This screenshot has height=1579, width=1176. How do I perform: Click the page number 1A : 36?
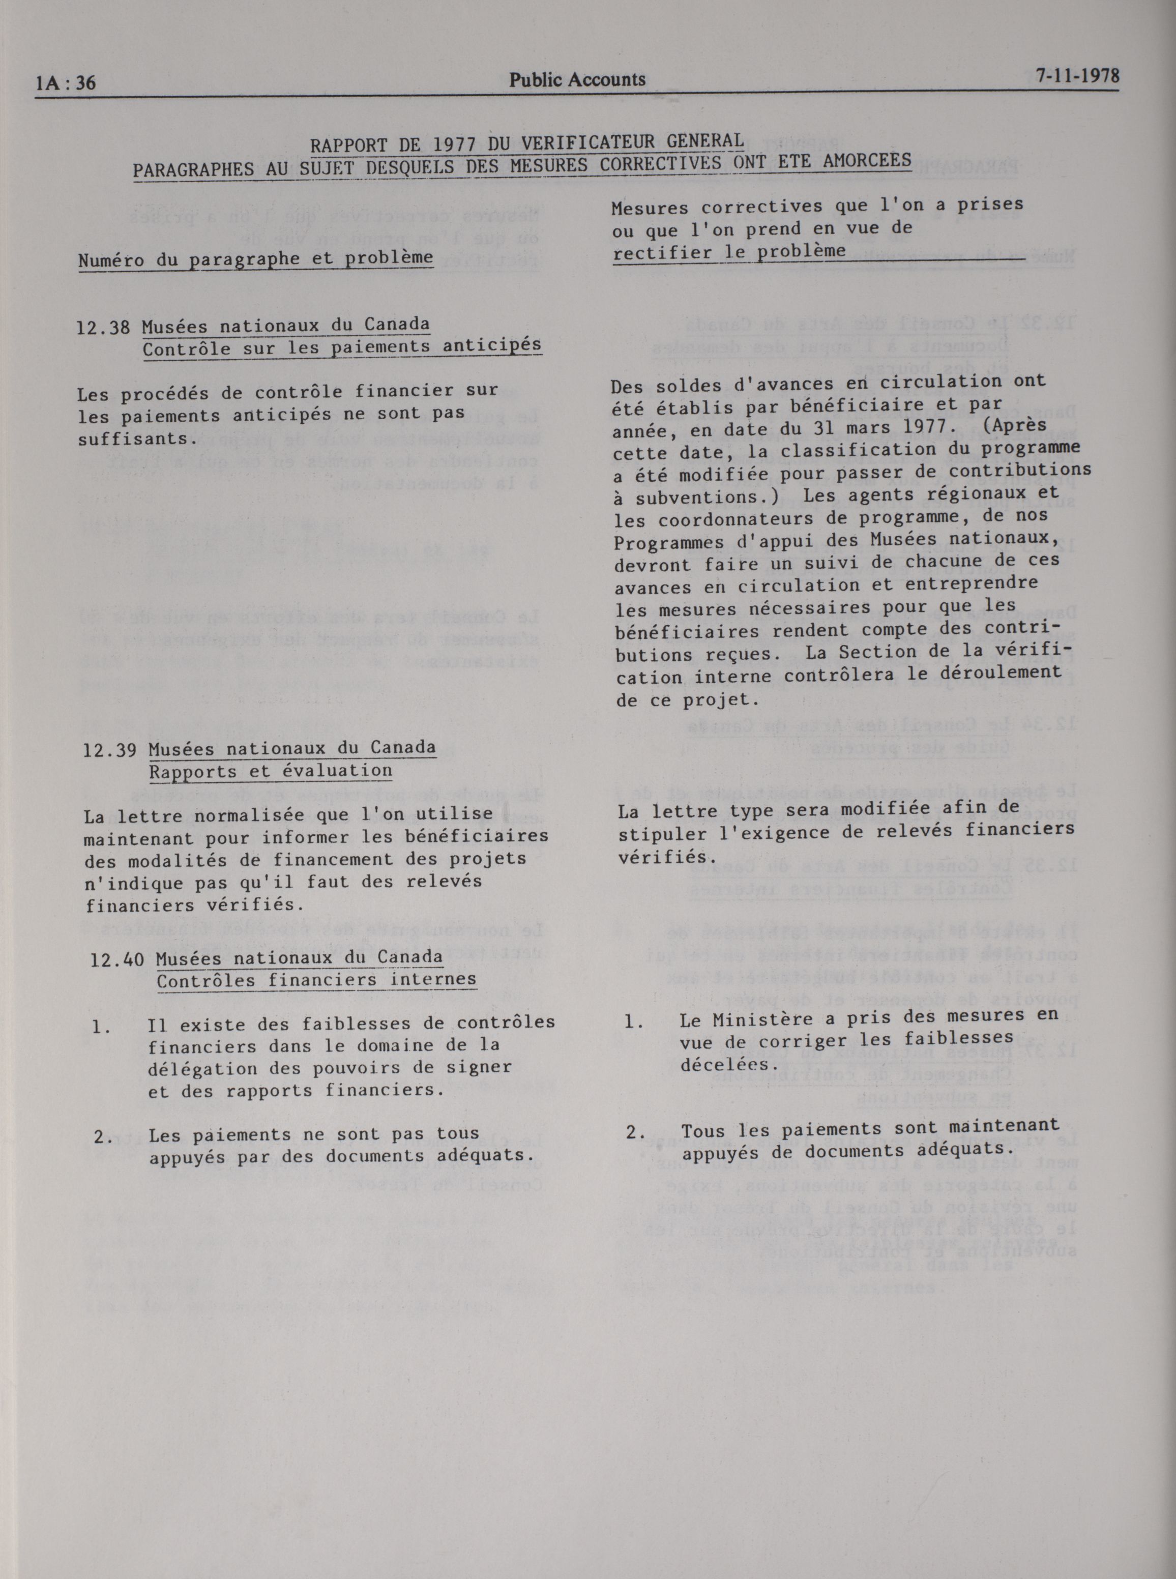point(66,83)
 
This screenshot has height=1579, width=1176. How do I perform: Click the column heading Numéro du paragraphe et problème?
point(255,259)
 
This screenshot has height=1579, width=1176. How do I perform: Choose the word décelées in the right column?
point(716,1065)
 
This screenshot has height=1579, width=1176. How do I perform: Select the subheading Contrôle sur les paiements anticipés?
point(342,348)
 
